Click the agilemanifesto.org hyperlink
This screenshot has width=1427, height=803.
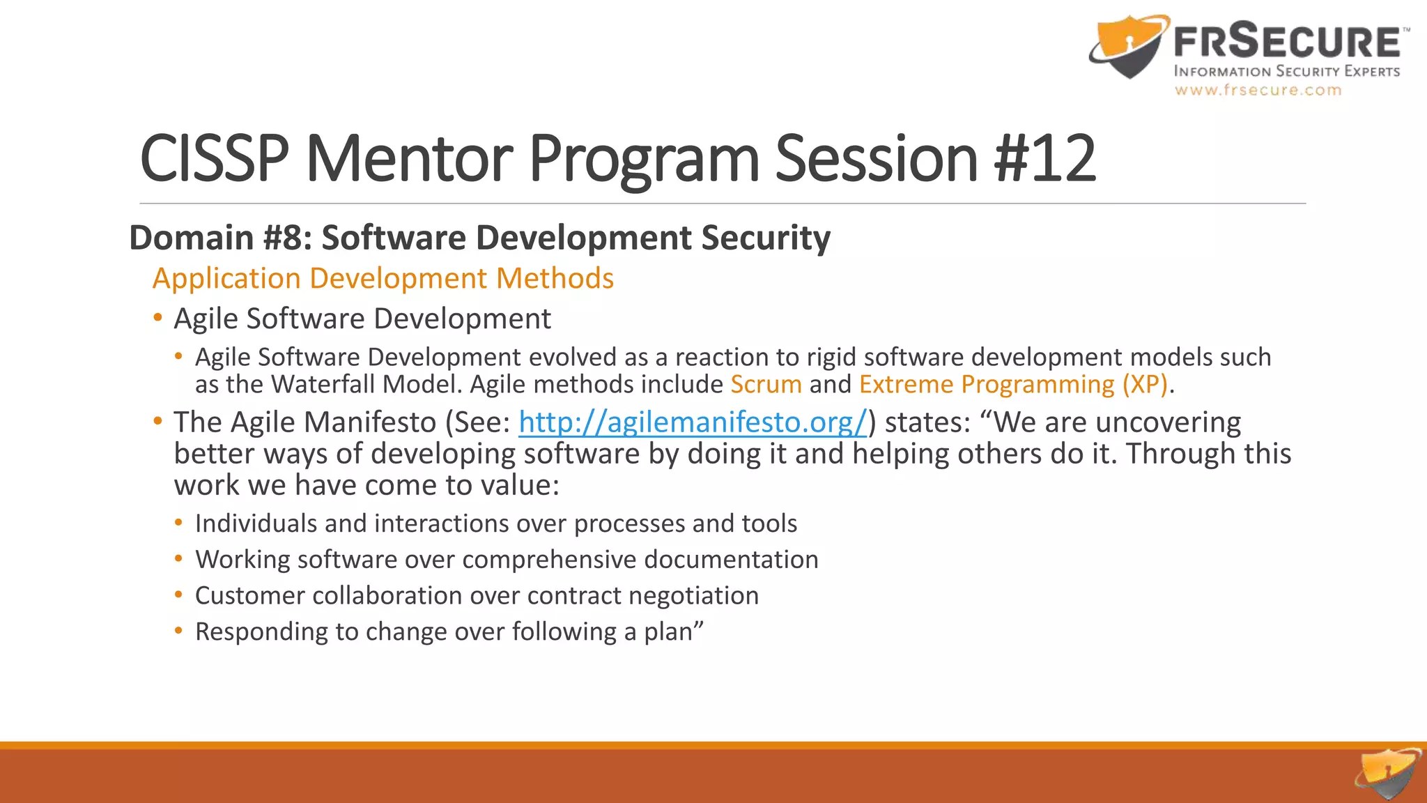pos(693,422)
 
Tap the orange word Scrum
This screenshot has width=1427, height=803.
pos(766,385)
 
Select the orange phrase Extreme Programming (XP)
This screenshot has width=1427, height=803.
pos(1013,385)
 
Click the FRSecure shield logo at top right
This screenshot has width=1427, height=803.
pos(1127,45)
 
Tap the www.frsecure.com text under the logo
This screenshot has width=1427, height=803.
pos(1258,90)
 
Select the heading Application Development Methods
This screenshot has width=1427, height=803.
pos(383,278)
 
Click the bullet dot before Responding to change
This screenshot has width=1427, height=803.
pos(179,632)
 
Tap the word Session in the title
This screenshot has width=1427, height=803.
pos(876,159)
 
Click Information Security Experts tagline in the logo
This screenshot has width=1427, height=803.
pos(1286,71)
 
